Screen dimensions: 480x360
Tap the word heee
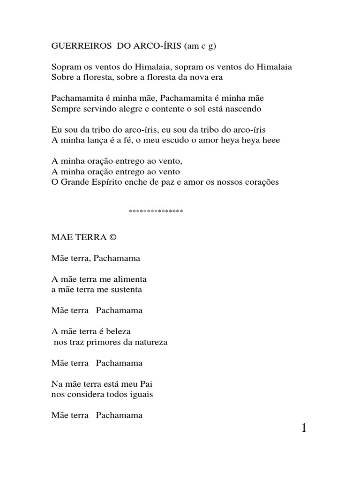pos(270,140)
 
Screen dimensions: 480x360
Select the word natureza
pos(150,342)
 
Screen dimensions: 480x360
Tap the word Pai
pos(148,384)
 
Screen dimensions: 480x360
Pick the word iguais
pos(141,395)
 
